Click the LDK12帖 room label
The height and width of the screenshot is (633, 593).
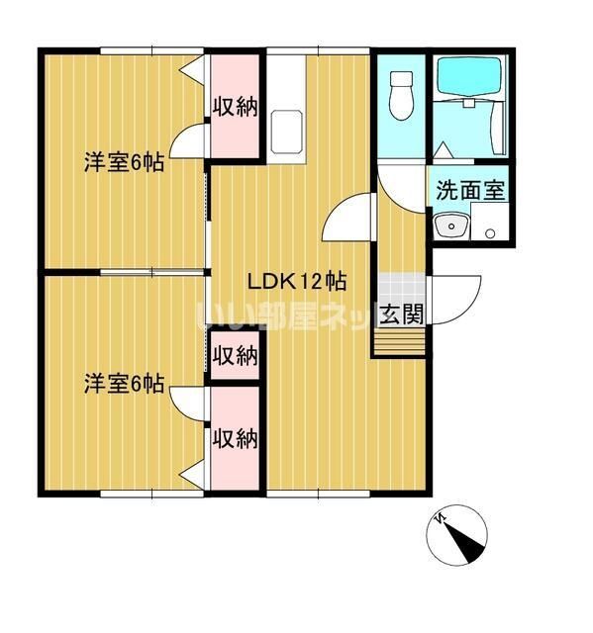click(296, 280)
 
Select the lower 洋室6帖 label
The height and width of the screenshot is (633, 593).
click(124, 384)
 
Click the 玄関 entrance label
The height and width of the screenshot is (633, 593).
click(402, 315)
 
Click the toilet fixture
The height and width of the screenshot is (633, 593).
click(401, 97)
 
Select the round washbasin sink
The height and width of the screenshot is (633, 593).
click(450, 226)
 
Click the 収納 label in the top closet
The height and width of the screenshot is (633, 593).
click(236, 107)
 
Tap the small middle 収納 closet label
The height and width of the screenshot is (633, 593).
click(236, 354)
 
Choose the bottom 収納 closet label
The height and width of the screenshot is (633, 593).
click(236, 437)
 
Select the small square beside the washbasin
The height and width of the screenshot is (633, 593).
click(489, 233)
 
